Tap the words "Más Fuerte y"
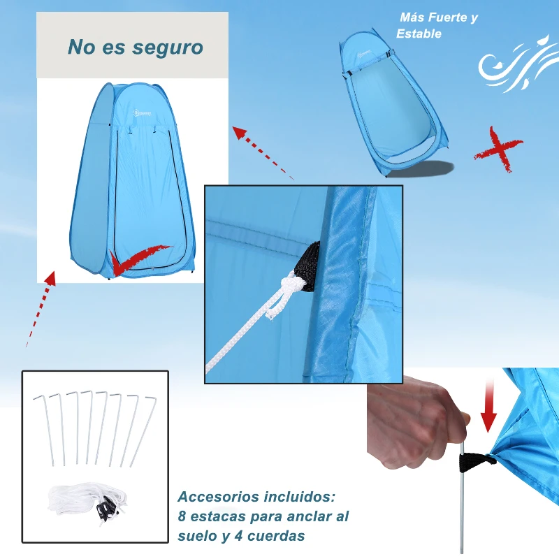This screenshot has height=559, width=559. point(439,18)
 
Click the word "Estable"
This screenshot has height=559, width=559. point(419,34)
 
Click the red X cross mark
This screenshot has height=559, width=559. point(498,149)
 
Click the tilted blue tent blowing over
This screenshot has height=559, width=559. point(392,105)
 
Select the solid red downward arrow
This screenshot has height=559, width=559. point(488,409)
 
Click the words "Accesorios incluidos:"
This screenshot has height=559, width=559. point(256,498)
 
